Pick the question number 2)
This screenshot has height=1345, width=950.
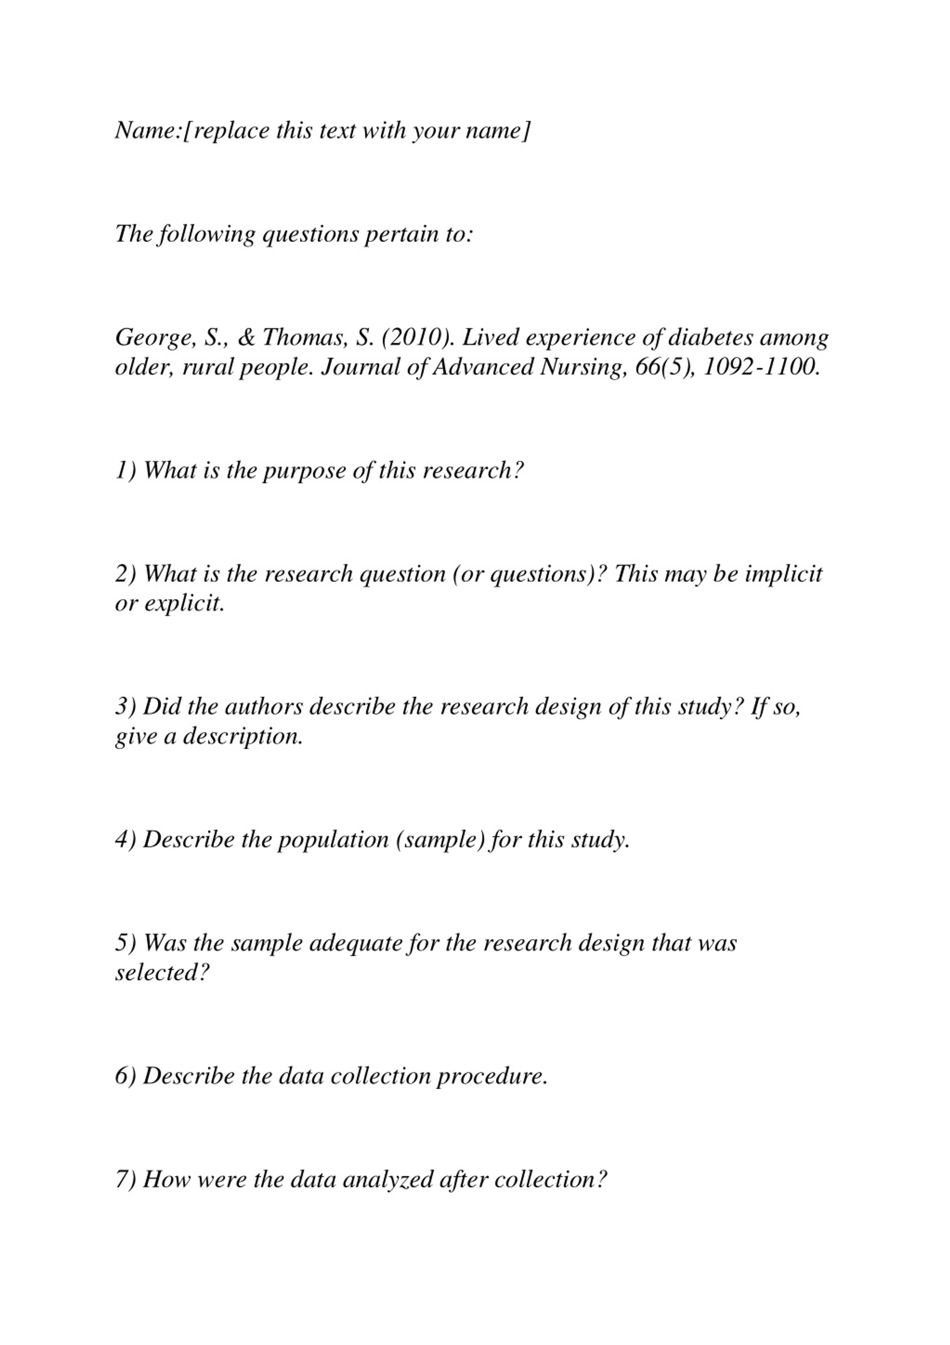(125, 574)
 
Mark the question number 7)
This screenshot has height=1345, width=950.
(125, 1179)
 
